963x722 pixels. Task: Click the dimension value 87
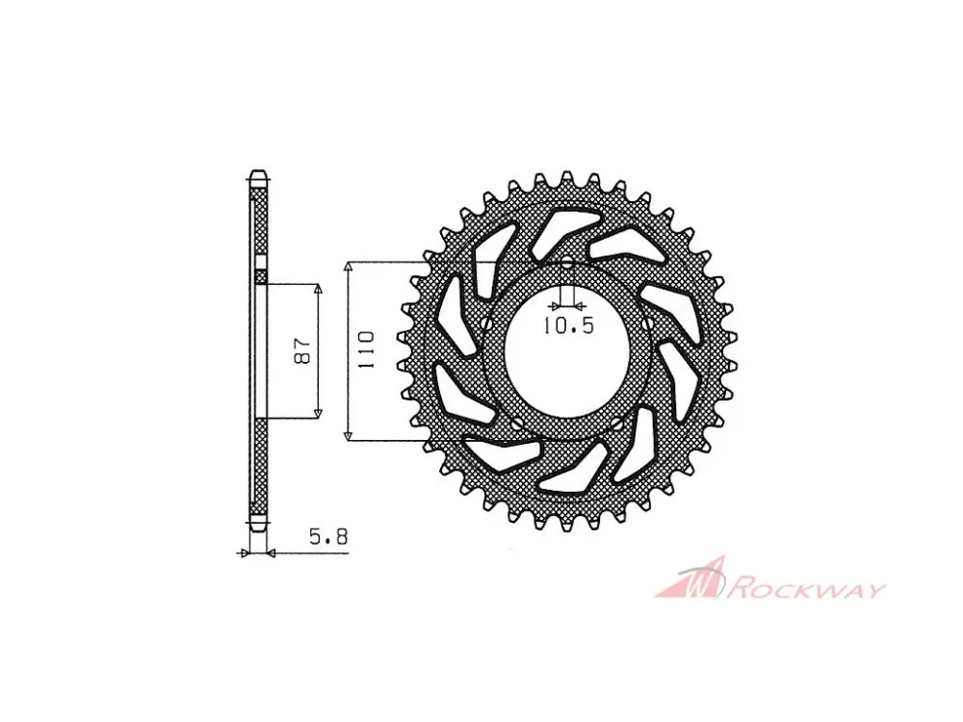304,351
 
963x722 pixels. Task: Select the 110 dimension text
366,350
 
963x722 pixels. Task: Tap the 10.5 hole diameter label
568,326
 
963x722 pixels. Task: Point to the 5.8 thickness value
328,538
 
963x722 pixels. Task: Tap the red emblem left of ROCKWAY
690,578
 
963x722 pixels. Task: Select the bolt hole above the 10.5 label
567,265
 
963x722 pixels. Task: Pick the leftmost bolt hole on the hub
487,322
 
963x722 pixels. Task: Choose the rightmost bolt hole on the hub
648,322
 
